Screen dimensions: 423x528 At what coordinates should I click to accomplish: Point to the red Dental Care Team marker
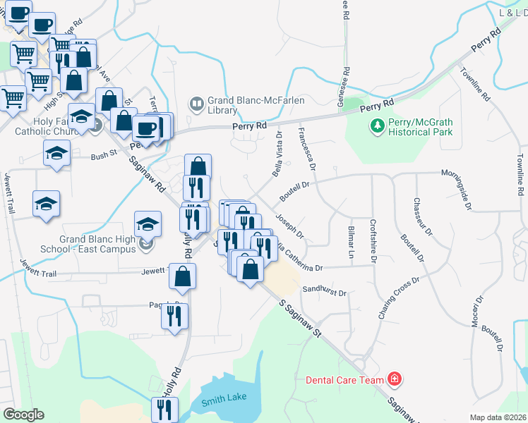[x=395, y=380]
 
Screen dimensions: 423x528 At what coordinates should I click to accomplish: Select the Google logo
[x=23, y=415]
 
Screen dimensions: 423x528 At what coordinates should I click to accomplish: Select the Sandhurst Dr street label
[x=325, y=291]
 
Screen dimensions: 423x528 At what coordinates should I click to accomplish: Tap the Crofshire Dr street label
[x=373, y=242]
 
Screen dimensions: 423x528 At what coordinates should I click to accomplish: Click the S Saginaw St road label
[x=297, y=317]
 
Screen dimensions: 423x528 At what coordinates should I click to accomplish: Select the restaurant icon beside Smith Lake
[x=164, y=408]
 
